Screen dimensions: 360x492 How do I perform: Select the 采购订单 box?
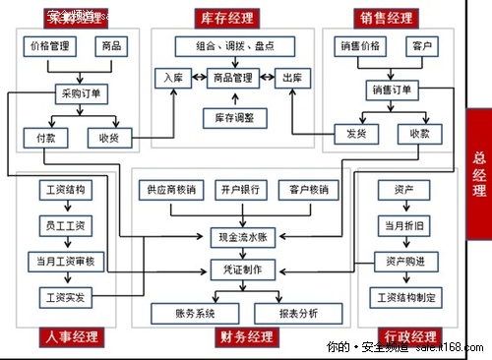coord(81,93)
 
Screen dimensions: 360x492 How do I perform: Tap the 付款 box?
coord(45,137)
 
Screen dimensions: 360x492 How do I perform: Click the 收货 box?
coord(108,137)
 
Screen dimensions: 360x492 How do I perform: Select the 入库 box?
coord(170,78)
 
